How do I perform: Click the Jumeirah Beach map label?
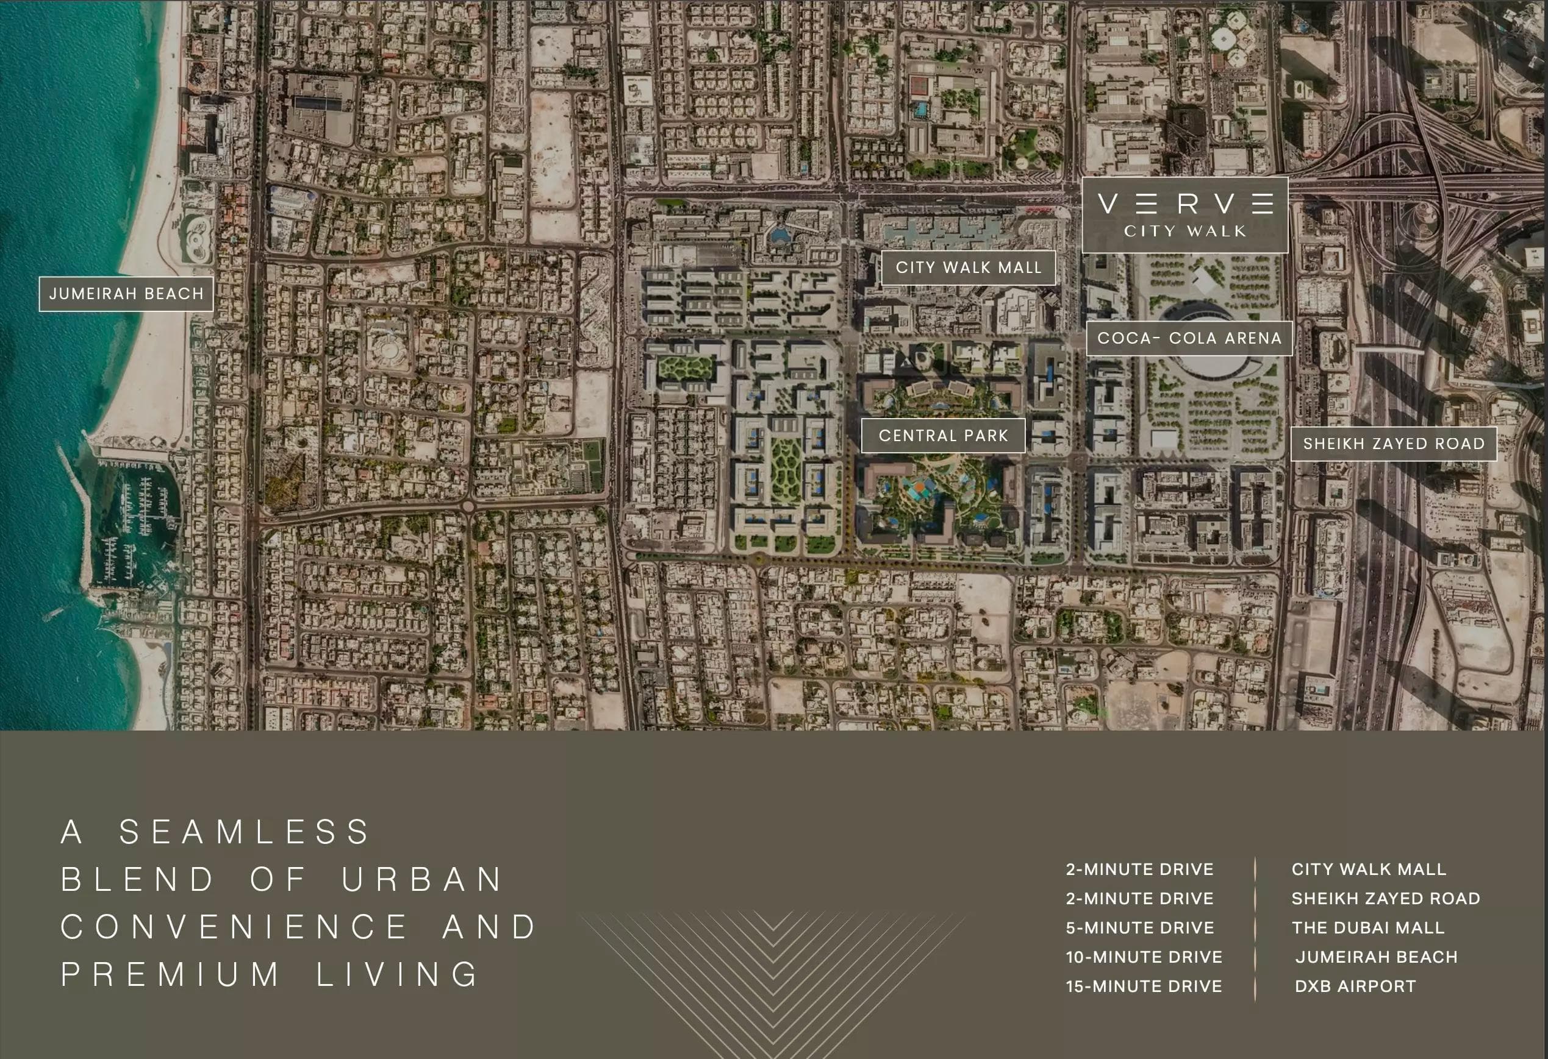tap(126, 294)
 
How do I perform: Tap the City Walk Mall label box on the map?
tap(968, 267)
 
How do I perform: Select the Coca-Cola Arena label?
tap(1189, 338)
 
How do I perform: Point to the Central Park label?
tap(942, 435)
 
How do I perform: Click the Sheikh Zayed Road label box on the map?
tap(1394, 444)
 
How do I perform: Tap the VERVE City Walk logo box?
tap(1184, 214)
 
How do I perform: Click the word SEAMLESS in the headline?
tap(245, 832)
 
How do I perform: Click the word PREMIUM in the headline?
tap(171, 974)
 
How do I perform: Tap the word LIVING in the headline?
tap(398, 974)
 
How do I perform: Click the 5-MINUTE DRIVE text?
tap(1140, 927)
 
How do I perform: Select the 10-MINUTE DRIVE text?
tap(1144, 957)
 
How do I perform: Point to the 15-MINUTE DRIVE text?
tap(1144, 986)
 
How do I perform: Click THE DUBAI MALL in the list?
tap(1367, 927)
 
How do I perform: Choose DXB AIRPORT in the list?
tap(1355, 986)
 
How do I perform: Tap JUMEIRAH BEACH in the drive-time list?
tap(1376, 957)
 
